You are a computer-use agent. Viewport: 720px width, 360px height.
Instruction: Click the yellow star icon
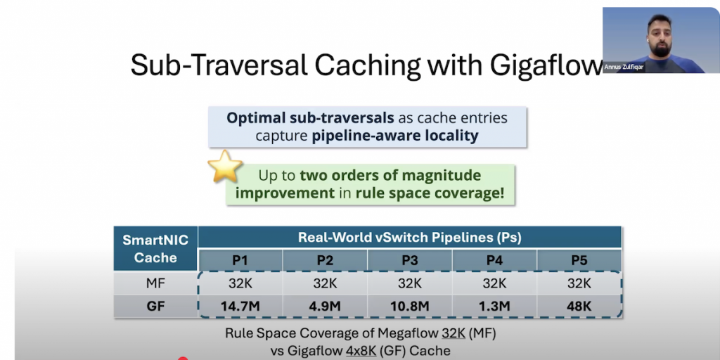tap(225, 166)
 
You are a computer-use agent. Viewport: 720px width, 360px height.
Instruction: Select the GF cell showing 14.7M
tap(240, 307)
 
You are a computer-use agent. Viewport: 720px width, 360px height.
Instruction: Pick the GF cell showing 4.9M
tap(325, 307)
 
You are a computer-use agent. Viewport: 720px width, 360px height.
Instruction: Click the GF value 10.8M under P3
tap(410, 307)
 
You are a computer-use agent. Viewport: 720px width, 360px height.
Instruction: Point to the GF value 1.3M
tap(494, 307)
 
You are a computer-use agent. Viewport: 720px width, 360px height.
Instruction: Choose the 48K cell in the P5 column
tap(579, 307)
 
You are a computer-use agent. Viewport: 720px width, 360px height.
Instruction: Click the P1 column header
tap(240, 260)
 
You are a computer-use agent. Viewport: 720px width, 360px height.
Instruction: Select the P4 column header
tap(494, 260)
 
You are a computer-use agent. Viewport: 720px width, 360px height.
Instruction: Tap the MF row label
tap(155, 283)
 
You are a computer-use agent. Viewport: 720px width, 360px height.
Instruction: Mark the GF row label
tap(155, 307)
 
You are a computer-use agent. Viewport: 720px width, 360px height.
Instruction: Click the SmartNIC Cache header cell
tap(155, 249)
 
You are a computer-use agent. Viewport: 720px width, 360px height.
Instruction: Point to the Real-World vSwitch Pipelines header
tap(410, 238)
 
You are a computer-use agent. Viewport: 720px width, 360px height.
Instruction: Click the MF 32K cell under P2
tap(325, 283)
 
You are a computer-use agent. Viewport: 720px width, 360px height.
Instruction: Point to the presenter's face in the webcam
tap(660, 36)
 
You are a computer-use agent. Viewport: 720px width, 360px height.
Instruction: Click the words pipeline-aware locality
tap(395, 136)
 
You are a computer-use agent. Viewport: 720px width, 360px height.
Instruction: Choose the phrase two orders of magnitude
tap(390, 175)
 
